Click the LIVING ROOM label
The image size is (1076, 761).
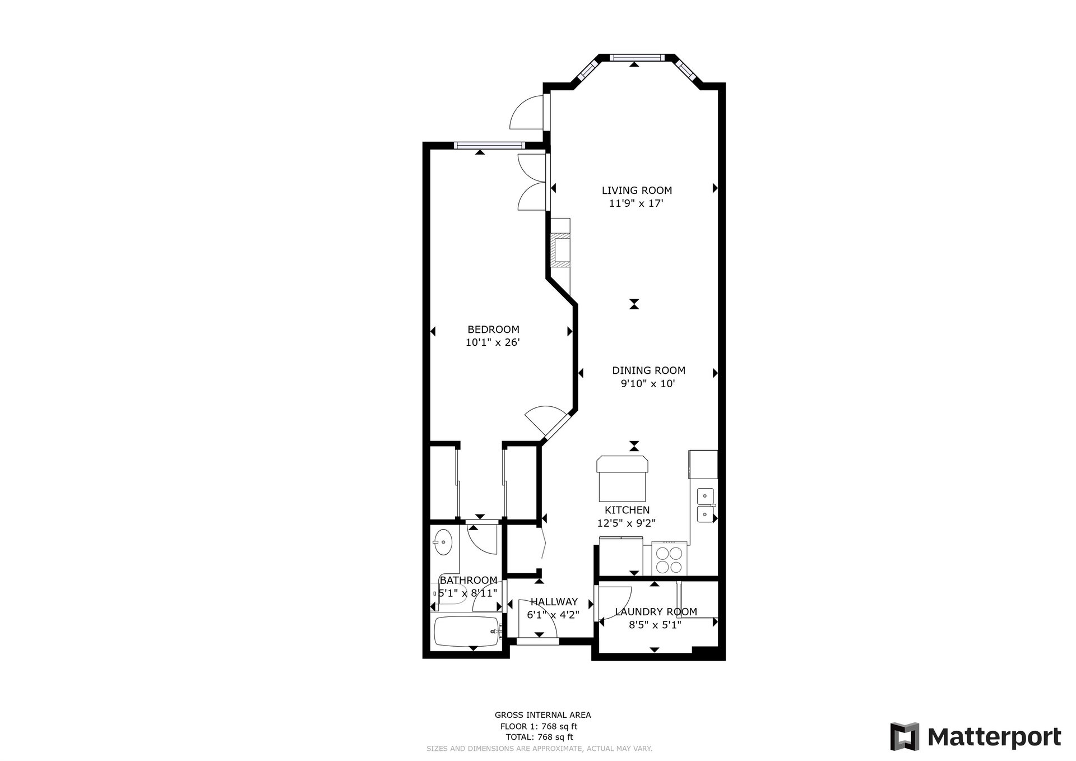(637, 191)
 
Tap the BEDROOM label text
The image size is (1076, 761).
(493, 330)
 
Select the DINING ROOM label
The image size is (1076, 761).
(648, 370)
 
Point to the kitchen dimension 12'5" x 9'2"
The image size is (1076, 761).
(627, 523)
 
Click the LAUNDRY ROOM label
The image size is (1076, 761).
(656, 612)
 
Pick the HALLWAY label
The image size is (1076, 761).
(554, 602)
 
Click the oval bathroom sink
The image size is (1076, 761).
(443, 542)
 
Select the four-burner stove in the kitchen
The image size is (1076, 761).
(669, 558)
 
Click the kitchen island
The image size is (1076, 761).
(623, 479)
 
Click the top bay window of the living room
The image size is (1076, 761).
(635, 57)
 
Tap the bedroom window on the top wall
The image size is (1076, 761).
(488, 145)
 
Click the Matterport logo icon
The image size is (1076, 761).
(905, 736)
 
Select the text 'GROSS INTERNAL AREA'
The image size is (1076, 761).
(542, 715)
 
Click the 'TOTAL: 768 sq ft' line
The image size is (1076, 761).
(540, 737)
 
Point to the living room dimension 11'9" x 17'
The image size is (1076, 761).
(636, 203)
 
